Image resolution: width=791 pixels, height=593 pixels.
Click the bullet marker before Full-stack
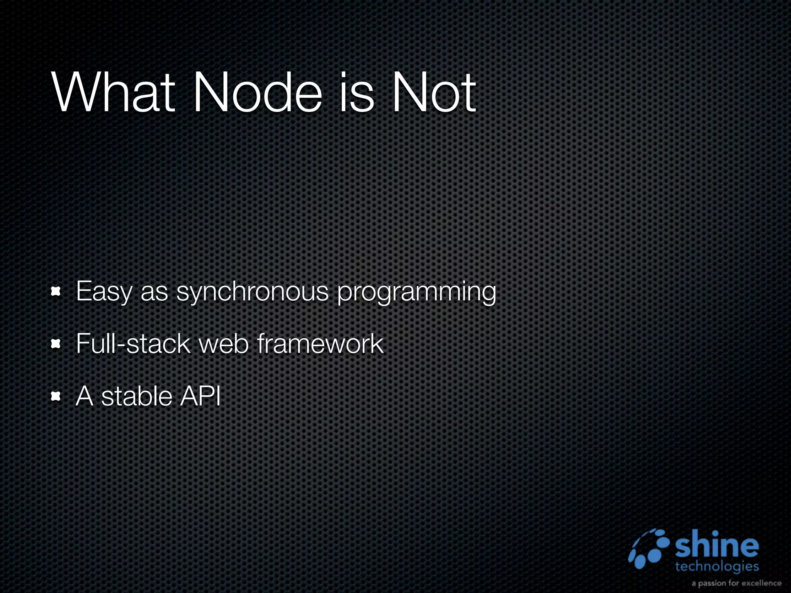pos(56,344)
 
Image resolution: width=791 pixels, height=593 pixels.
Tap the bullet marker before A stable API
pos(56,396)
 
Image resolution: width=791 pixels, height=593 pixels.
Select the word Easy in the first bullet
pos(104,291)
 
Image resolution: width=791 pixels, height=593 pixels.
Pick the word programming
pos(416,293)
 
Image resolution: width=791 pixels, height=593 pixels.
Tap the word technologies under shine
pos(717,567)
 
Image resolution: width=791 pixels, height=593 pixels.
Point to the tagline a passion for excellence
pos(736,583)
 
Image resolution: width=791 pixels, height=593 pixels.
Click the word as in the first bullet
pos(154,292)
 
